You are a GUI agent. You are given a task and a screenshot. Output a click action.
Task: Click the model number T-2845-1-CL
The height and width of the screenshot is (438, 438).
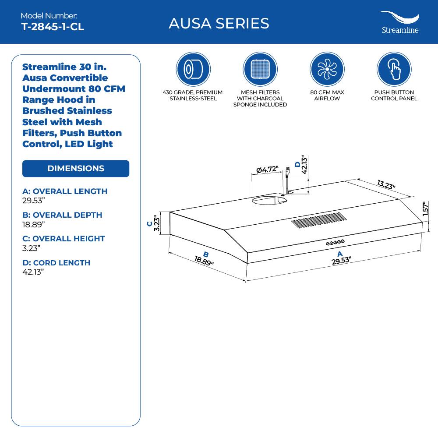click(53, 27)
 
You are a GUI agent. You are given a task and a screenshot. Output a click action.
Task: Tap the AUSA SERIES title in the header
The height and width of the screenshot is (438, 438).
click(219, 23)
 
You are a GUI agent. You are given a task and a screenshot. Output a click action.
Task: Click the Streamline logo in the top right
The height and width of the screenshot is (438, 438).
click(399, 23)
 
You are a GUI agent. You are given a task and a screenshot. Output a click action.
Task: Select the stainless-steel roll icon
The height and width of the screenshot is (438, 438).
click(193, 69)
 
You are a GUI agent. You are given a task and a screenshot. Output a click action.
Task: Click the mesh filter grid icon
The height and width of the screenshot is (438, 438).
click(260, 69)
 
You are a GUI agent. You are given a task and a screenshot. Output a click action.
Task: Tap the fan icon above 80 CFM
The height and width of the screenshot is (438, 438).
click(327, 69)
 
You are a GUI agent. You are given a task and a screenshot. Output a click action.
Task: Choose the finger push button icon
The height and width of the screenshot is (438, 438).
click(394, 69)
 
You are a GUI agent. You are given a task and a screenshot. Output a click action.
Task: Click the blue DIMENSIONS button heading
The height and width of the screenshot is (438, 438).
click(76, 169)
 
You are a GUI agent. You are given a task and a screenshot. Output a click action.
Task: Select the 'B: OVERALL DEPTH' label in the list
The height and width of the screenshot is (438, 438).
click(62, 215)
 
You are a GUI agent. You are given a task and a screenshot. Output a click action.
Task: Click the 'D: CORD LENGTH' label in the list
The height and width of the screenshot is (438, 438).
click(56, 263)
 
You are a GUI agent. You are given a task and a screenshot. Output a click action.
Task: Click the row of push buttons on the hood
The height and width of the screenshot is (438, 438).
click(336, 242)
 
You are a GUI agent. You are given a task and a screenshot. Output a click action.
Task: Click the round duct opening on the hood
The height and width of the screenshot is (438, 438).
click(269, 200)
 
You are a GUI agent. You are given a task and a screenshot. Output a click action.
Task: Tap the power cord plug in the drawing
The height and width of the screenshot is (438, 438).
click(287, 172)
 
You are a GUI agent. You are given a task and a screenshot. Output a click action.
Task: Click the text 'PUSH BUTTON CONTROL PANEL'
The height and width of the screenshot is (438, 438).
click(394, 95)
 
